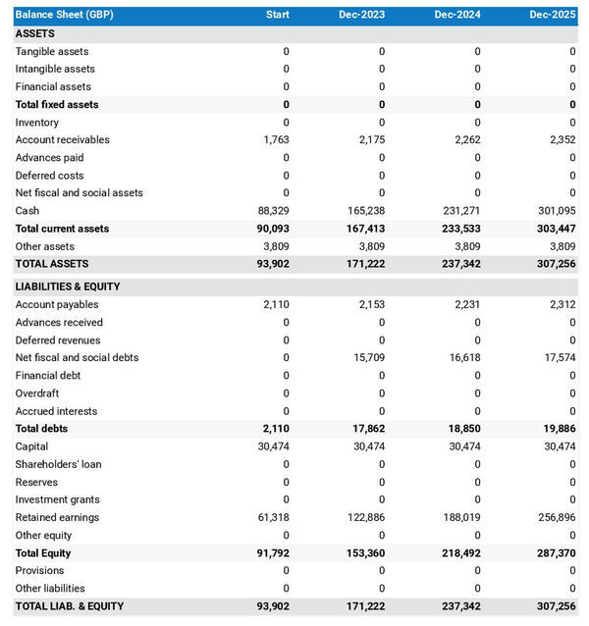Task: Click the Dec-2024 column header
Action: click(457, 15)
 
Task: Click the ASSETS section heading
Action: click(35, 33)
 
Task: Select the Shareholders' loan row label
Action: click(58, 464)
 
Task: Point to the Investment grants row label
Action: click(57, 499)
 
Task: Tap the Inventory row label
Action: click(37, 123)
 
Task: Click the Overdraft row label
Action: click(37, 393)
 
